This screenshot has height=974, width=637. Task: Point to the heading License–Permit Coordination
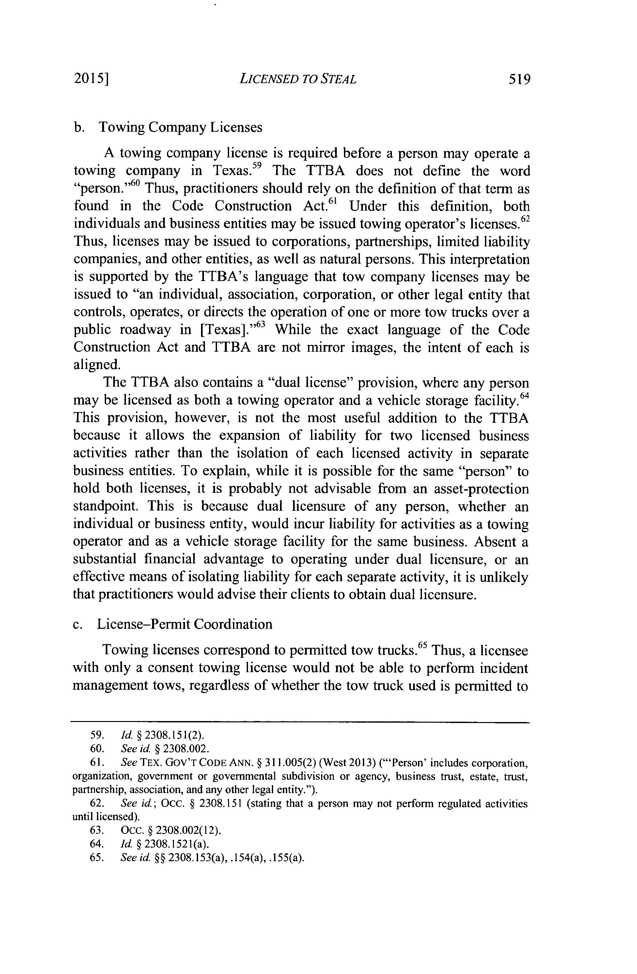(x=184, y=624)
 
